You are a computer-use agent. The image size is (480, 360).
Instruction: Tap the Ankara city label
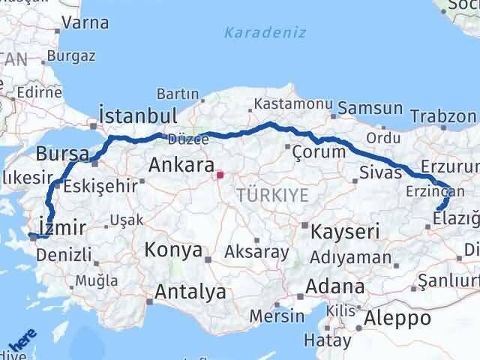pos(182,164)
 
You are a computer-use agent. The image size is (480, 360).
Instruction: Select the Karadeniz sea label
pos(254,32)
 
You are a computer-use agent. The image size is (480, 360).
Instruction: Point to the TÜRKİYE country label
pos(272,195)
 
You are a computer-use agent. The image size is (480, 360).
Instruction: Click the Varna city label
pos(85,22)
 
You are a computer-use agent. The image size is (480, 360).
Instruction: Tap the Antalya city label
pos(190,291)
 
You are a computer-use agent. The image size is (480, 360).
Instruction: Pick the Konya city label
pos(173,250)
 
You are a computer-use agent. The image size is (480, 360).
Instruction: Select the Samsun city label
pos(370,109)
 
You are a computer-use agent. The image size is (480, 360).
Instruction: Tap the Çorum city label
pos(319,151)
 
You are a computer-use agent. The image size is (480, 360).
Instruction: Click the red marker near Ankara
pos(219,176)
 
